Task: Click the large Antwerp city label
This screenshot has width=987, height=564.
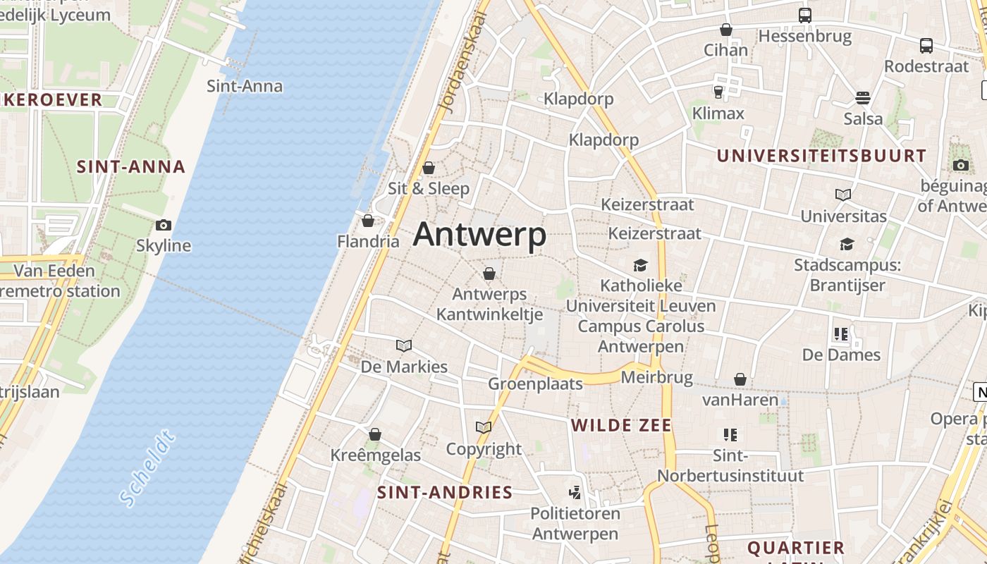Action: pos(479,235)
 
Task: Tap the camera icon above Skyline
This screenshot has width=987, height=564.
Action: pos(164,226)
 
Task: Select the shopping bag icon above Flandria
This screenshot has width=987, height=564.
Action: pos(367,221)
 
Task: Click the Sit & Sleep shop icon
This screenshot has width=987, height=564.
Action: pos(428,168)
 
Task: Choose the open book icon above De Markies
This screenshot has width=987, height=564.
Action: pos(404,345)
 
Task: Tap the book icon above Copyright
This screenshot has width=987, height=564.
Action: pos(483,427)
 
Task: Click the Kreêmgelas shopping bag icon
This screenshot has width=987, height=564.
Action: pos(375,434)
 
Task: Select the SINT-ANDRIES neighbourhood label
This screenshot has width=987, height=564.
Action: pos(444,492)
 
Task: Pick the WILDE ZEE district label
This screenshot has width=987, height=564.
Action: pos(621,425)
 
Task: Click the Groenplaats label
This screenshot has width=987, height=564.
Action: pos(535,384)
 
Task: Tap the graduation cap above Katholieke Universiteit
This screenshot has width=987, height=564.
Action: pos(640,265)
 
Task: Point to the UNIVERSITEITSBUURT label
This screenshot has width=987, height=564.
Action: pos(821,156)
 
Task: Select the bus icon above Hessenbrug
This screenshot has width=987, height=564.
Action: pos(804,16)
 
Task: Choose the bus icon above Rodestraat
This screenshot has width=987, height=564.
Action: pos(926,46)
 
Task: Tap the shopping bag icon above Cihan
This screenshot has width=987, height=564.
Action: pos(725,30)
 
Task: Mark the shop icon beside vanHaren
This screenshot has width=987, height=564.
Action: pos(740,380)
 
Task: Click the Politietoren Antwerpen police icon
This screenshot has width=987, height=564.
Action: pos(575,493)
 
